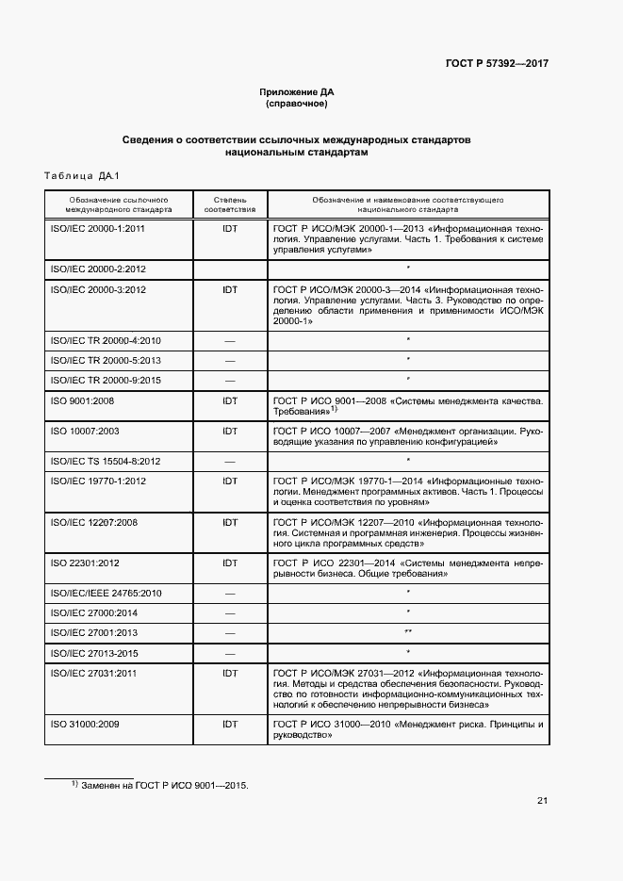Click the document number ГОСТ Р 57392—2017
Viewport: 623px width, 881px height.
[x=496, y=63]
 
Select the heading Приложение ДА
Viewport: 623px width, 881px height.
[x=297, y=91]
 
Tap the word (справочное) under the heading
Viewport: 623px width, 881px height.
[x=297, y=104]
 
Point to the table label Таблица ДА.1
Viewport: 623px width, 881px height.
[x=77, y=175]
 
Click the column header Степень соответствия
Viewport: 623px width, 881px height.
[x=230, y=205]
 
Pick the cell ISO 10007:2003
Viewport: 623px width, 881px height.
[x=84, y=432]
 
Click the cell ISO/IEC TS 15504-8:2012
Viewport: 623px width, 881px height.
[x=105, y=461]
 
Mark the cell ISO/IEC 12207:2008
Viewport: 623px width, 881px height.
[x=94, y=522]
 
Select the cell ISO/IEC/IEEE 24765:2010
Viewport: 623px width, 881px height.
[x=106, y=593]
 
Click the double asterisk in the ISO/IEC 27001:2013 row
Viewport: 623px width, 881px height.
[x=408, y=631]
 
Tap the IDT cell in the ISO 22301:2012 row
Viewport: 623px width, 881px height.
[x=230, y=563]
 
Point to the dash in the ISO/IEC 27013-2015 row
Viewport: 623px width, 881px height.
[x=230, y=652]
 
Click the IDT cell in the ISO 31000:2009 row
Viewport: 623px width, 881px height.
[x=230, y=724]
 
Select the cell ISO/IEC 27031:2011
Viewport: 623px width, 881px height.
[x=94, y=673]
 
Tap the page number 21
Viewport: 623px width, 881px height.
[x=542, y=801]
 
